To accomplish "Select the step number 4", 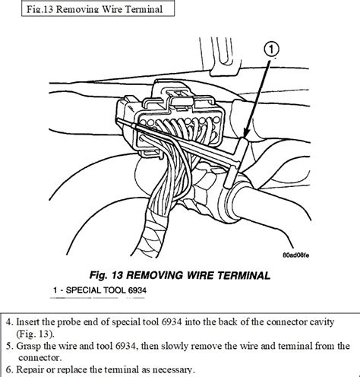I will click(7, 319).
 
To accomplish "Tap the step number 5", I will click(7, 346).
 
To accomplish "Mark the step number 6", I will click(7, 370).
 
